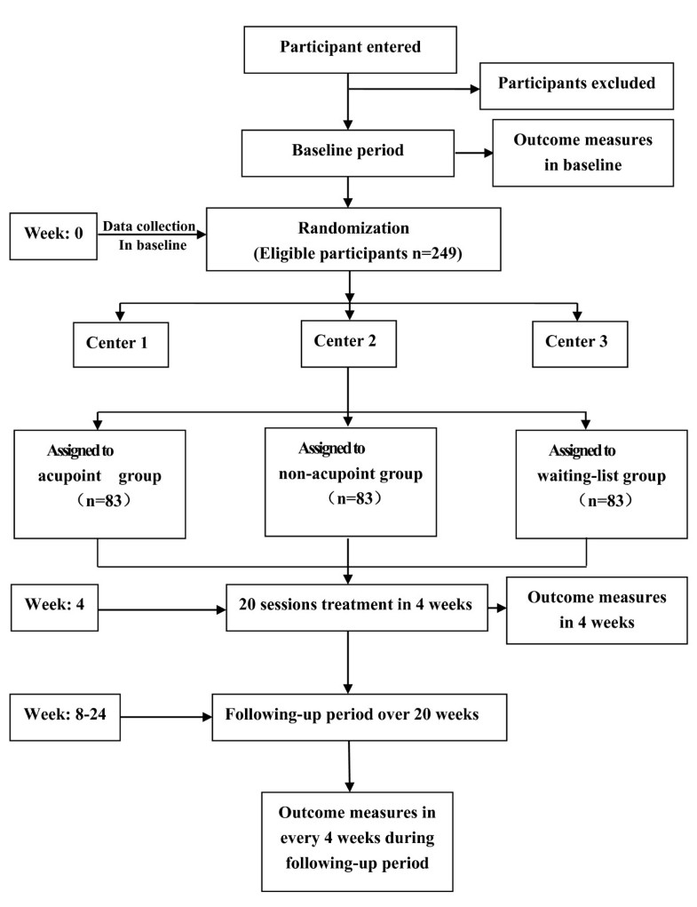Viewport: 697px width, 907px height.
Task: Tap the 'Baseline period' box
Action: click(x=349, y=151)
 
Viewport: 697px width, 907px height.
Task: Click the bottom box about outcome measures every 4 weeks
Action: click(x=357, y=839)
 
